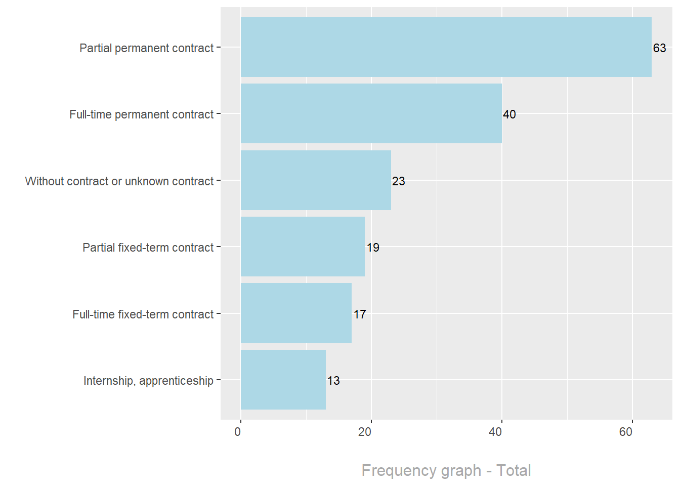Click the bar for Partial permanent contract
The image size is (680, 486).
[x=446, y=47]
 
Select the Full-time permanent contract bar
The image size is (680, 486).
[x=371, y=113]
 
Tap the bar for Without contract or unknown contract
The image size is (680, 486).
[x=316, y=180]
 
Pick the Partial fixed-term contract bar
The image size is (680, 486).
[x=303, y=247]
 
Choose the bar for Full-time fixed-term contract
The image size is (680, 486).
[x=296, y=313]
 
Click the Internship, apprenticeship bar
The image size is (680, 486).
[x=283, y=380]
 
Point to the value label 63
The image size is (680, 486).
[x=659, y=48]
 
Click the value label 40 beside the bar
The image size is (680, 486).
[x=509, y=114]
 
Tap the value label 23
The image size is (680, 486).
[x=398, y=181]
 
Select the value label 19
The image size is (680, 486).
[x=373, y=248]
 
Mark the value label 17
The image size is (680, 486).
[x=360, y=314]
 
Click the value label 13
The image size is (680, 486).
[x=333, y=381]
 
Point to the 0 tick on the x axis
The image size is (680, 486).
[x=238, y=432]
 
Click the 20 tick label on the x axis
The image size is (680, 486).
[x=365, y=432]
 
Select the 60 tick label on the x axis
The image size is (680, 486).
[x=626, y=432]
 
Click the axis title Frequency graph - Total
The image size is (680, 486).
[x=446, y=470]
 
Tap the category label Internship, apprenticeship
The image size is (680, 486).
[x=148, y=381]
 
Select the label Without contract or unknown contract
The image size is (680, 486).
[x=119, y=181]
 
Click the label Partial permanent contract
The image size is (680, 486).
[x=146, y=48]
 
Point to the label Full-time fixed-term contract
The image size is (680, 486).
[x=143, y=314]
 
